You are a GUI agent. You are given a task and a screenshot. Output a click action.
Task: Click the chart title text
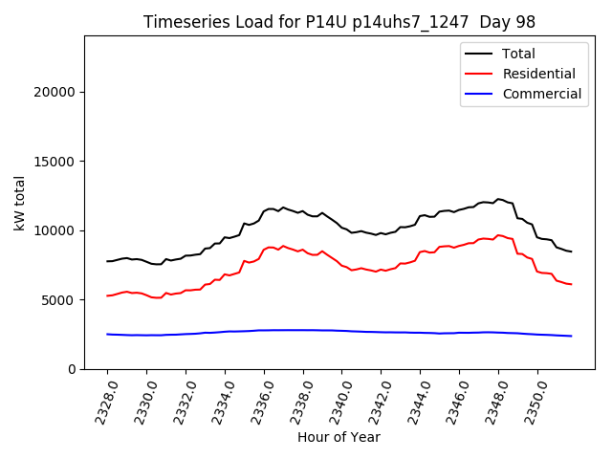pyautogui.click(x=339, y=22)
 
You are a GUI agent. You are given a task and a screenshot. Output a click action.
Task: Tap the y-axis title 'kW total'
pyautogui.click(x=20, y=203)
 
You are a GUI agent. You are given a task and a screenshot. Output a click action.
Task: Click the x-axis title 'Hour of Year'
pyautogui.click(x=339, y=437)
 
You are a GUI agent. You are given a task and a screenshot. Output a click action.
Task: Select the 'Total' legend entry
pyautogui.click(x=518, y=54)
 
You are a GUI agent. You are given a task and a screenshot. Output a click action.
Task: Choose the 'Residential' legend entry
pyautogui.click(x=538, y=74)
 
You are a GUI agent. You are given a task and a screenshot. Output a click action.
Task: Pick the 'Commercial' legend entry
pyautogui.click(x=541, y=94)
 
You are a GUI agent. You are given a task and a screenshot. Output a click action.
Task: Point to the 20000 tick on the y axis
pyautogui.click(x=57, y=92)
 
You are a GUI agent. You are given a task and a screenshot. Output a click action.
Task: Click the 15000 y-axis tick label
pyautogui.click(x=57, y=162)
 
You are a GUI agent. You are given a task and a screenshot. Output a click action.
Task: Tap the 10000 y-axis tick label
pyautogui.click(x=57, y=230)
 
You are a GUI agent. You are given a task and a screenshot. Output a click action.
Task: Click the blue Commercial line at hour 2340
pyautogui.click(x=342, y=331)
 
